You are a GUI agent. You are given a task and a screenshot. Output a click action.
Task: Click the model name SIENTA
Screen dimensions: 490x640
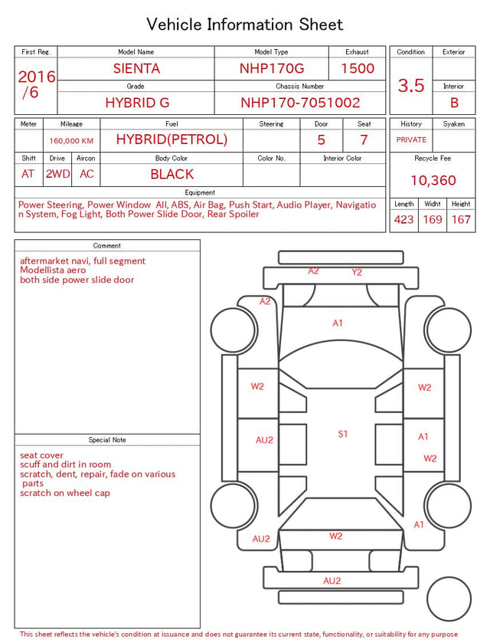pos(136,68)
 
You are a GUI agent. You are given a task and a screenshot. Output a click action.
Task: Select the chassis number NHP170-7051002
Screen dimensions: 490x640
pos(300,103)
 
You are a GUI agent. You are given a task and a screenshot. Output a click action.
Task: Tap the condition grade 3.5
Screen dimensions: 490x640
pos(411,86)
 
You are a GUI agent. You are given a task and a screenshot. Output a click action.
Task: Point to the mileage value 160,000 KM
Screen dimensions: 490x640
pos(71,141)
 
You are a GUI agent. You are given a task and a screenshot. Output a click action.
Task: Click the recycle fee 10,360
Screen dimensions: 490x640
pos(433,180)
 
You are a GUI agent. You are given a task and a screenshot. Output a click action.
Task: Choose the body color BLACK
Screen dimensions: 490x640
pos(172,174)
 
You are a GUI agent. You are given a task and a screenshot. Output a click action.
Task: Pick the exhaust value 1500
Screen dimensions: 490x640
pos(358,68)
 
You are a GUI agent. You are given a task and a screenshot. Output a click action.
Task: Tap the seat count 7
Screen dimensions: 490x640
pos(364,140)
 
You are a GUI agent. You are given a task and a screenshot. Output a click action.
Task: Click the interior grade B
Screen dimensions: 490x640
pos(454,103)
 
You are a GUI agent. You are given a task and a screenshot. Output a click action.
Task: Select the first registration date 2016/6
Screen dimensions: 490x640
pos(36,84)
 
